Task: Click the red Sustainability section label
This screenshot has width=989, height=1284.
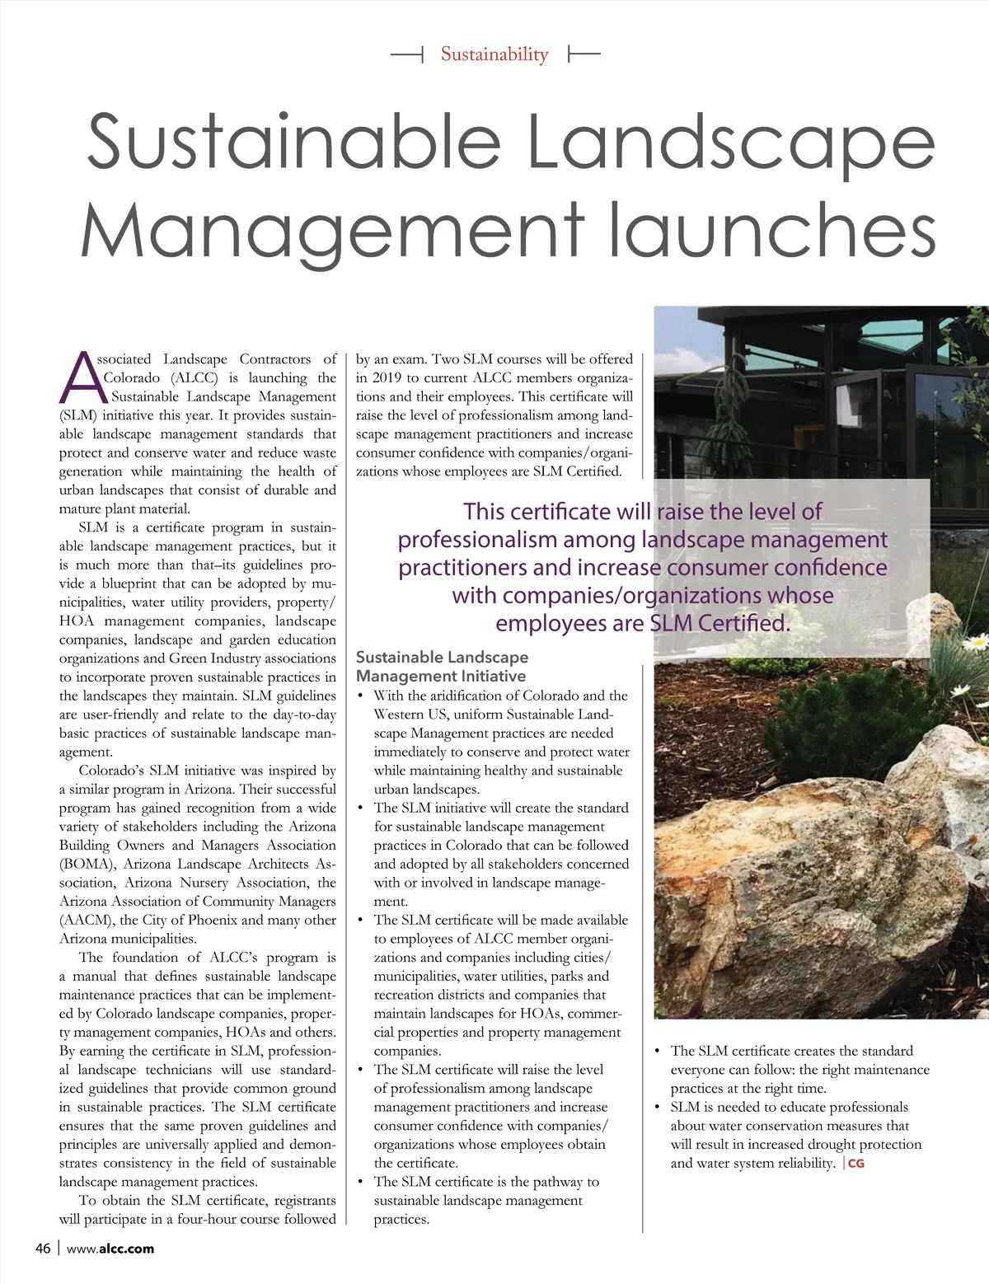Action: click(x=494, y=54)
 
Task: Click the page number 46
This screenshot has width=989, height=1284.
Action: click(x=43, y=1248)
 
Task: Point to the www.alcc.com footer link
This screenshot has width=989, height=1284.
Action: click(x=110, y=1248)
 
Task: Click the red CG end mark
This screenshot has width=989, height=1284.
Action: click(x=856, y=1164)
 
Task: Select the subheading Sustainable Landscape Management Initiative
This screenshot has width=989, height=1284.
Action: click(x=442, y=667)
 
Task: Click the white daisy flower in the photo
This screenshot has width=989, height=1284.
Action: click(x=977, y=641)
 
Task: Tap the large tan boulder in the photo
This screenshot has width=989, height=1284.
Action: click(x=791, y=874)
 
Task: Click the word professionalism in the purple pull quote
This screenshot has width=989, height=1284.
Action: click(x=478, y=540)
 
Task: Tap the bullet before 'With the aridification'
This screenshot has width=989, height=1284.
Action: click(x=361, y=696)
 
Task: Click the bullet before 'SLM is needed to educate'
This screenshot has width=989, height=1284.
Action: click(x=658, y=1107)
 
